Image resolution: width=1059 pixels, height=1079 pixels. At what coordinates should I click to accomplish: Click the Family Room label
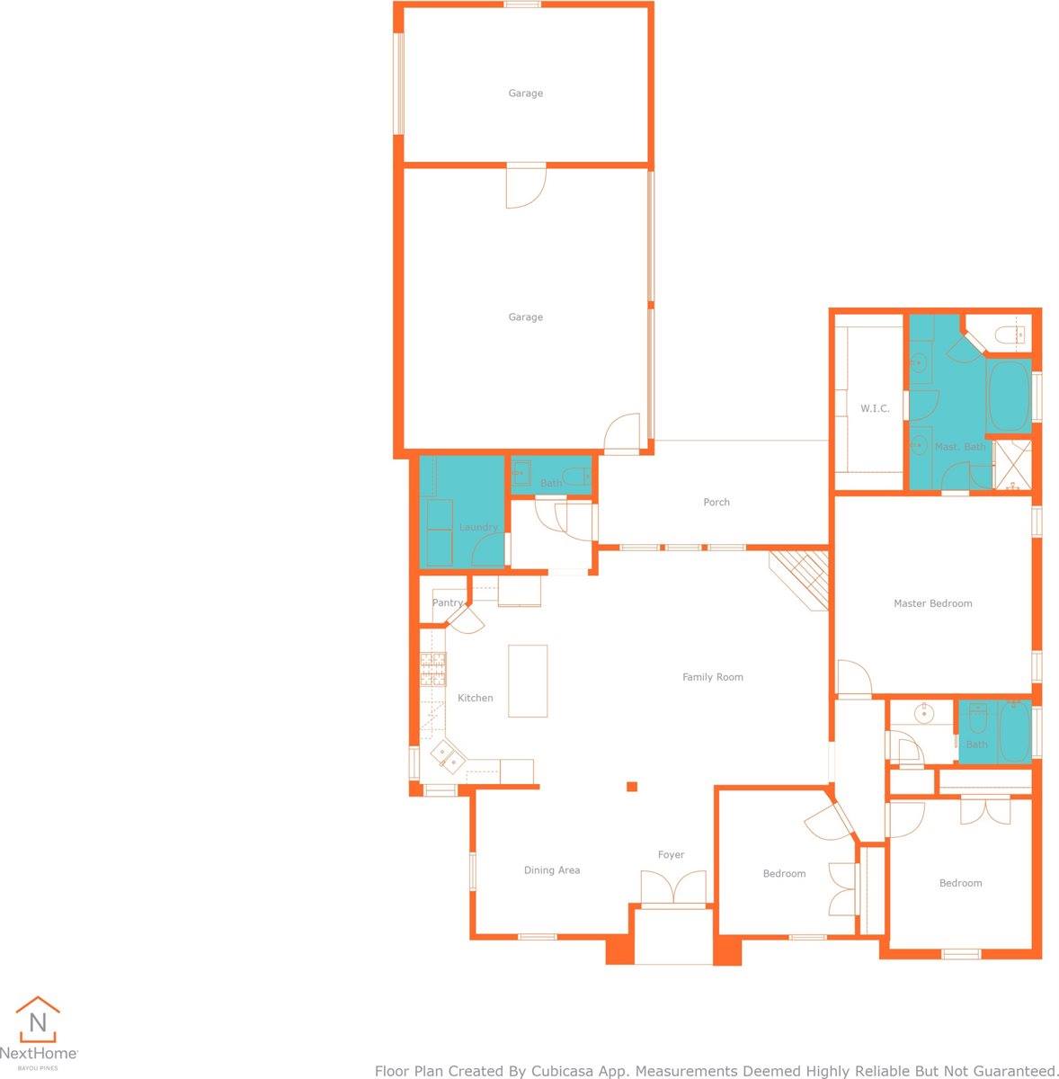(712, 677)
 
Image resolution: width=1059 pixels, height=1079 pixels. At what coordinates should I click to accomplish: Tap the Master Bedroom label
(932, 603)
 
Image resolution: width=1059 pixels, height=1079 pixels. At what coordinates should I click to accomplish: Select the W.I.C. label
(875, 408)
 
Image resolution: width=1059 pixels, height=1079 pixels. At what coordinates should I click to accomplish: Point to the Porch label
(716, 502)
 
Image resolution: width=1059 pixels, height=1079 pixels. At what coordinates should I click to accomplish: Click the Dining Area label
(552, 869)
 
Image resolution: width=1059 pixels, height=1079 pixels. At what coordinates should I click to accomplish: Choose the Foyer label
(671, 854)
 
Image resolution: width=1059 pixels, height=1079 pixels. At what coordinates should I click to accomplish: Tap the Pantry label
(448, 602)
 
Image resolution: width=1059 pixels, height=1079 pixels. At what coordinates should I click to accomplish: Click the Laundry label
(478, 527)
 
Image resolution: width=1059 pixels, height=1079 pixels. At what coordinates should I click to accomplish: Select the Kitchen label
(475, 698)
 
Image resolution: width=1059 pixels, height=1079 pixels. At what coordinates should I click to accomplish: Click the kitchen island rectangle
(528, 681)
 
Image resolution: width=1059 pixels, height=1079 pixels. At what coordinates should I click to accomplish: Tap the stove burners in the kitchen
(433, 670)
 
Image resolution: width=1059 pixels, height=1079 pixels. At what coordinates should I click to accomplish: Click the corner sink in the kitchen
(448, 755)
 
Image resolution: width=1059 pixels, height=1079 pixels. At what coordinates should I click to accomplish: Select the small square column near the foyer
(632, 787)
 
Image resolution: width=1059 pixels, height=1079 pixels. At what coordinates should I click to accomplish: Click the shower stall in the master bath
(1012, 466)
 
